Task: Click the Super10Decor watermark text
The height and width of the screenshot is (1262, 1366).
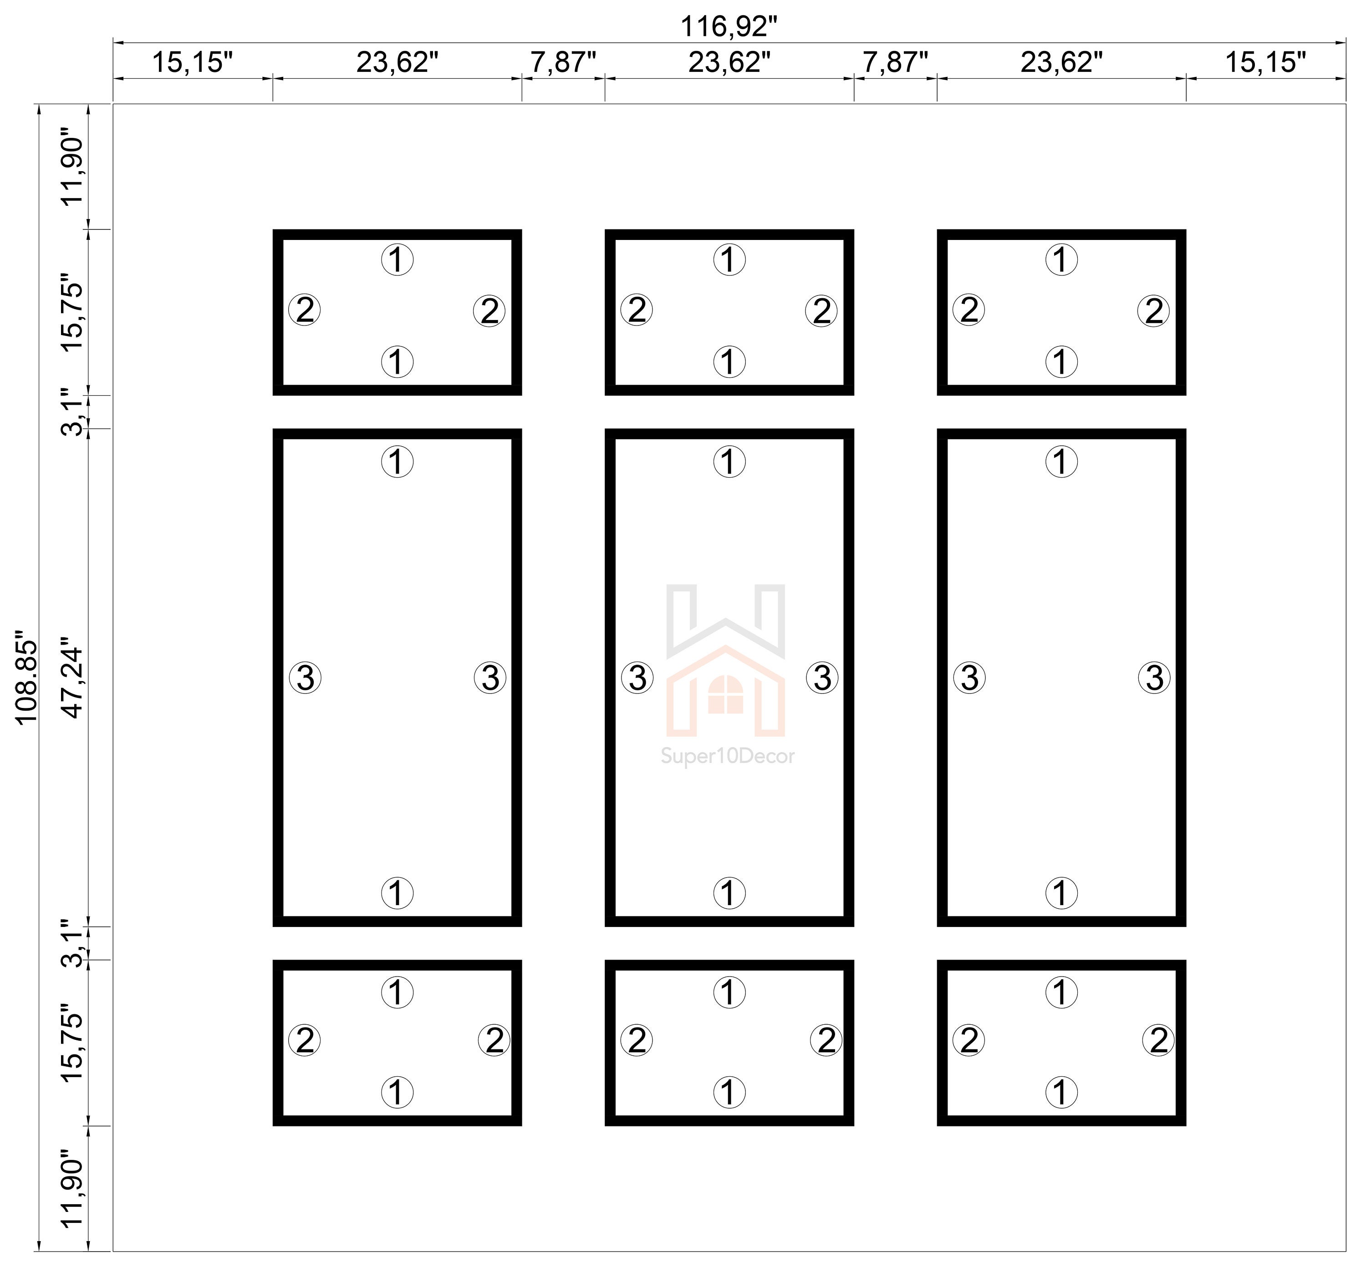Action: coord(728,757)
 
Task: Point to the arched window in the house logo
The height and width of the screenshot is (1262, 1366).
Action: coord(725,695)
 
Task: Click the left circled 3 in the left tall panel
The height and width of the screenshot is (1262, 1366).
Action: coord(305,678)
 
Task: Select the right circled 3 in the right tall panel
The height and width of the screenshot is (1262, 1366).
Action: coord(1154,678)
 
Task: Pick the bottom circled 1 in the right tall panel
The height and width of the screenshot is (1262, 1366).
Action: coord(1061,892)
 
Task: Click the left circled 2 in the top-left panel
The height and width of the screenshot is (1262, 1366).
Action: coord(305,310)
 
